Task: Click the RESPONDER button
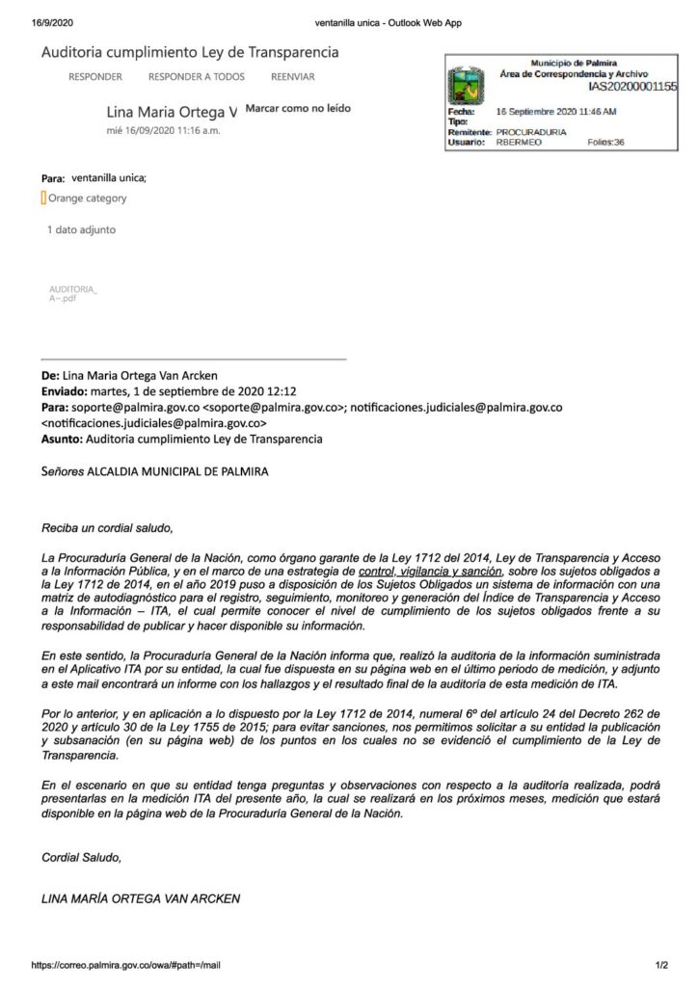click(95, 76)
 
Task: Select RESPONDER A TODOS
click(196, 76)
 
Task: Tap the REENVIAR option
click(292, 76)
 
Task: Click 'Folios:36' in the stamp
click(605, 142)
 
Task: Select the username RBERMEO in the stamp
click(519, 142)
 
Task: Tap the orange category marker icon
click(43, 199)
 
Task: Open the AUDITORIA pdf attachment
click(72, 293)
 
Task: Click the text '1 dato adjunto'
click(82, 230)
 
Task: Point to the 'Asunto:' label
click(62, 439)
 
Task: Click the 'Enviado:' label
click(64, 392)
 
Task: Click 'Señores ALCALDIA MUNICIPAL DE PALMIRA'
click(155, 471)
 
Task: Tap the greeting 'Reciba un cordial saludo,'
click(107, 529)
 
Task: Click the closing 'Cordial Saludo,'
click(82, 856)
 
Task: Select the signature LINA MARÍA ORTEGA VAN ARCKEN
click(141, 898)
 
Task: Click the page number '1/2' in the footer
click(662, 965)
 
